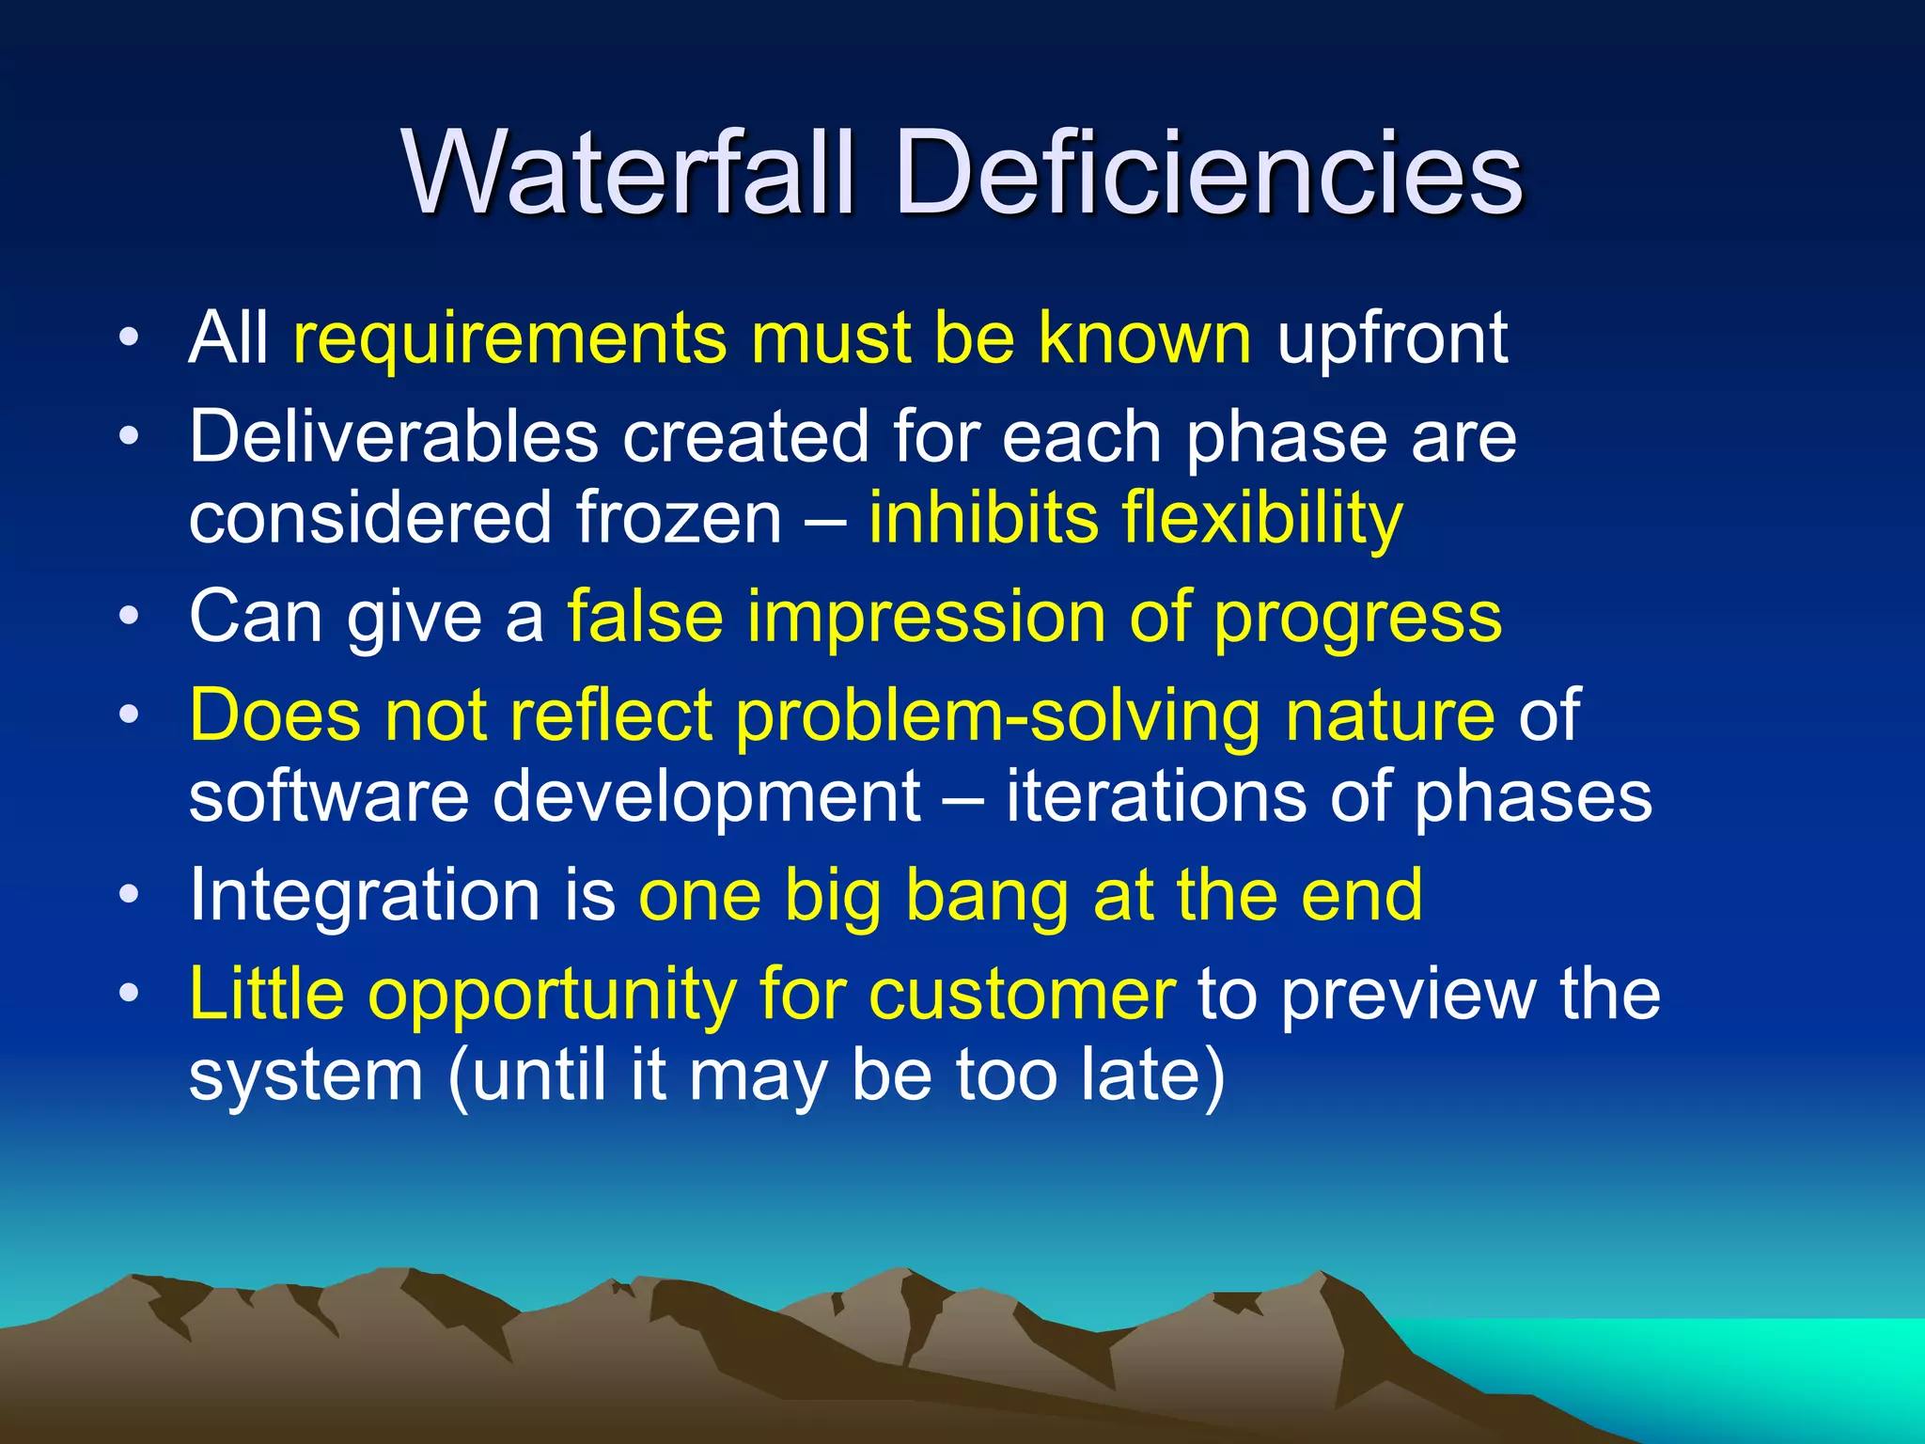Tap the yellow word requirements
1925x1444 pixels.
(509, 340)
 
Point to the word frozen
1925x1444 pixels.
(679, 519)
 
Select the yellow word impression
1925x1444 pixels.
(926, 619)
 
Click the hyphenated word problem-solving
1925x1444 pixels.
(998, 716)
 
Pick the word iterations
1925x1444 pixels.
(1155, 797)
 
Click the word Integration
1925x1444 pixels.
(364, 896)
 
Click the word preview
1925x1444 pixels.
(1409, 995)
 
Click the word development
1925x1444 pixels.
(707, 797)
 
